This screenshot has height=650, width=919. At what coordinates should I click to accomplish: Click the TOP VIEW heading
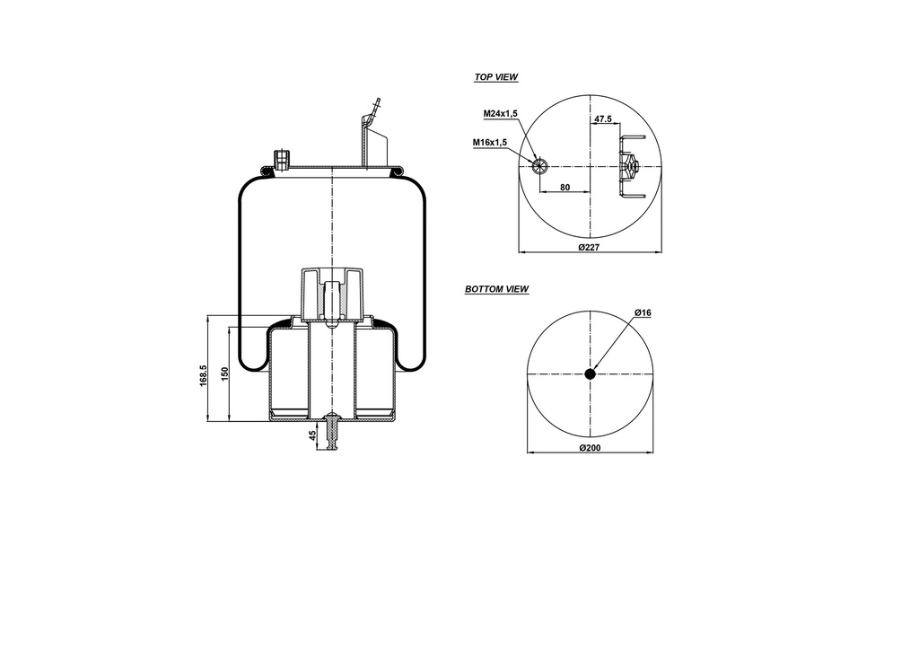[x=495, y=78]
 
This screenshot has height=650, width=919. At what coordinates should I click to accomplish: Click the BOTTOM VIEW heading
[x=496, y=290]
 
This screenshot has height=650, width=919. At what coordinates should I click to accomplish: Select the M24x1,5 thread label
[x=502, y=114]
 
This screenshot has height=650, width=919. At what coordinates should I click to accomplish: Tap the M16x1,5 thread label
[x=490, y=143]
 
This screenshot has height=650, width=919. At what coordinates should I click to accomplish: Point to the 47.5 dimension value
[x=602, y=119]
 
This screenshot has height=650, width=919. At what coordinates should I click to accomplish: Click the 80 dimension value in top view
[x=565, y=187]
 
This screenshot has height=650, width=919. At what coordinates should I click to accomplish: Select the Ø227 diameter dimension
[x=589, y=247]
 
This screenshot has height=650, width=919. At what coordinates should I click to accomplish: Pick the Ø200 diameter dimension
[x=590, y=447]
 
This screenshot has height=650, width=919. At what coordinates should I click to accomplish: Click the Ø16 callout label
[x=642, y=312]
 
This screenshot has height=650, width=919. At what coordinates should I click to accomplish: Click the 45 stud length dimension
[x=312, y=435]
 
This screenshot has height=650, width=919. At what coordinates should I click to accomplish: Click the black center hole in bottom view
[x=590, y=374]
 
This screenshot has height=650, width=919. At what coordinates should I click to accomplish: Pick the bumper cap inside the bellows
[x=333, y=292]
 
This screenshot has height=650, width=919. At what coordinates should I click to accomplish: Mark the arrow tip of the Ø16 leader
[x=595, y=369]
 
